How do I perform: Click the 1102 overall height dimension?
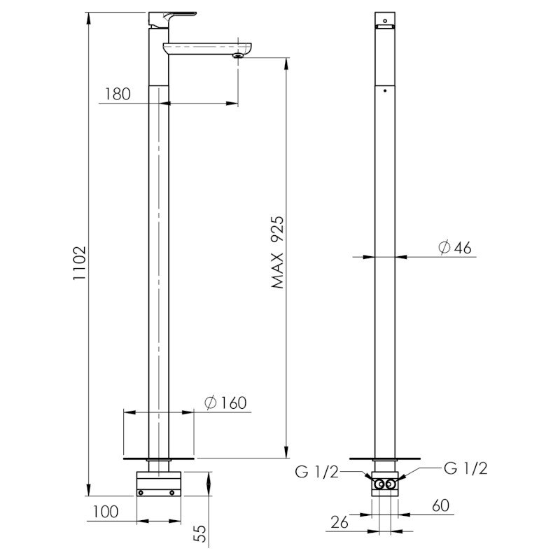pyautogui.click(x=80, y=262)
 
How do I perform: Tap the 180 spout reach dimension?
pyautogui.click(x=118, y=94)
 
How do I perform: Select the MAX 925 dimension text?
pyautogui.click(x=277, y=252)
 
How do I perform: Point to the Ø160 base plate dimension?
pyautogui.click(x=225, y=403)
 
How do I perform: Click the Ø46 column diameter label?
pyautogui.click(x=454, y=247)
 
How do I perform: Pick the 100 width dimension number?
pyautogui.click(x=106, y=512)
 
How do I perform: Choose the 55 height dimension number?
pyautogui.click(x=202, y=533)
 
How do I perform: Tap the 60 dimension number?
pyautogui.click(x=441, y=505)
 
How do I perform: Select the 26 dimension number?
pyautogui.click(x=339, y=522)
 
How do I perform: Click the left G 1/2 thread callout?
pyautogui.click(x=316, y=472)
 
